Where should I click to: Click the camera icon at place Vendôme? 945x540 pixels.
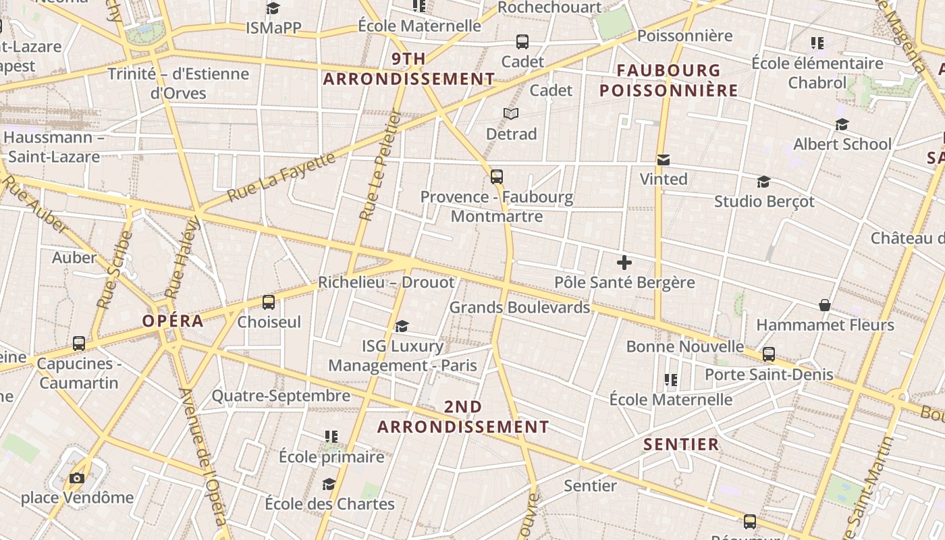(x=77, y=478)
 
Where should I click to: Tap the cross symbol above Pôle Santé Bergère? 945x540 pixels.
(x=624, y=262)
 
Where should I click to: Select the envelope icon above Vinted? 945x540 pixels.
(x=664, y=160)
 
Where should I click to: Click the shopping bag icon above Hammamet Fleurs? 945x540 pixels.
(x=824, y=305)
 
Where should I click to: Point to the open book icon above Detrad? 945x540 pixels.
(x=511, y=113)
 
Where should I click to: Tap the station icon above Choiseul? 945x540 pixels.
(x=269, y=302)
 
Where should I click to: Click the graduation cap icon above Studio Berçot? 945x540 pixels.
(x=763, y=182)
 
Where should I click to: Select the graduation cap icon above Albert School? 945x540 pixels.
(x=842, y=124)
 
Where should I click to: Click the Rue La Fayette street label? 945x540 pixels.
(x=281, y=177)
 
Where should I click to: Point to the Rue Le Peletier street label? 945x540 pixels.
(x=380, y=167)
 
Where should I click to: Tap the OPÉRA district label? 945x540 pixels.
(x=173, y=321)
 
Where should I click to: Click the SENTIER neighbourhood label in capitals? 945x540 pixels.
(x=681, y=444)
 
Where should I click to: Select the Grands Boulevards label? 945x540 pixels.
(x=520, y=307)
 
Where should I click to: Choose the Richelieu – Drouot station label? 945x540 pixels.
(x=386, y=282)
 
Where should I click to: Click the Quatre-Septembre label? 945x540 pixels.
(x=281, y=396)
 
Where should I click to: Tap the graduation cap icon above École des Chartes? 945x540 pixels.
(x=329, y=484)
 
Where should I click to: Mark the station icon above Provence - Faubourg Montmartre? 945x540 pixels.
(x=497, y=177)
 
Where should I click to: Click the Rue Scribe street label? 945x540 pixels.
(x=113, y=270)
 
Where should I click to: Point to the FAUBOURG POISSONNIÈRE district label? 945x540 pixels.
(x=669, y=80)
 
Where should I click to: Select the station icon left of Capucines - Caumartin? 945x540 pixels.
(x=79, y=343)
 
